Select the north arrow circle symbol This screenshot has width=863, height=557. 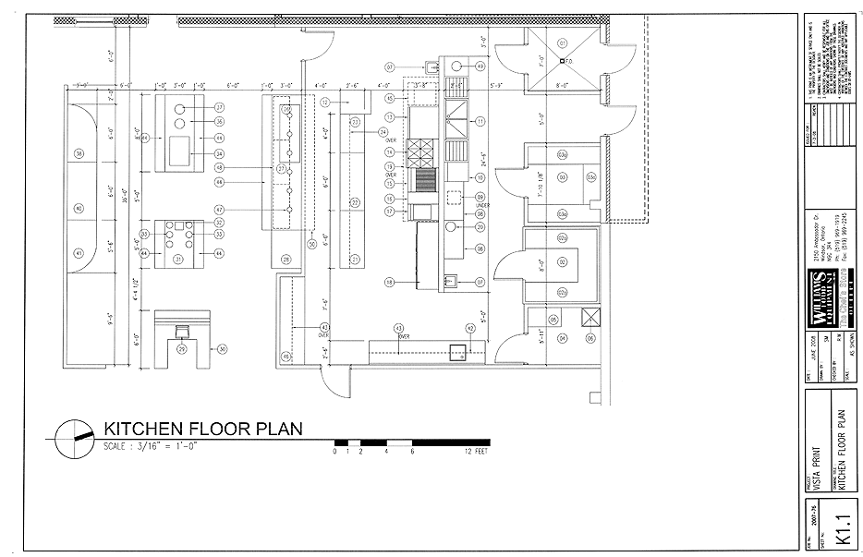[x=73, y=437]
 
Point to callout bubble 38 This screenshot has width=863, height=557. [x=79, y=153]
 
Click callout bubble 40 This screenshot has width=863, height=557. [x=79, y=208]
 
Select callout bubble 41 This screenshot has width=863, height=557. [x=79, y=252]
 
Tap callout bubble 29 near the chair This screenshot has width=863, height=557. [x=182, y=349]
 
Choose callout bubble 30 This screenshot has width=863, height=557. [x=222, y=349]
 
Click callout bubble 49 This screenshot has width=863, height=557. [x=480, y=67]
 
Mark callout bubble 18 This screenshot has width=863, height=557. [x=390, y=282]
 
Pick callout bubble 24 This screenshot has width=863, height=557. [x=383, y=132]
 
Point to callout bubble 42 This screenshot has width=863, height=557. [x=470, y=328]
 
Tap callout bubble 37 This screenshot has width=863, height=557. [x=220, y=107]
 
